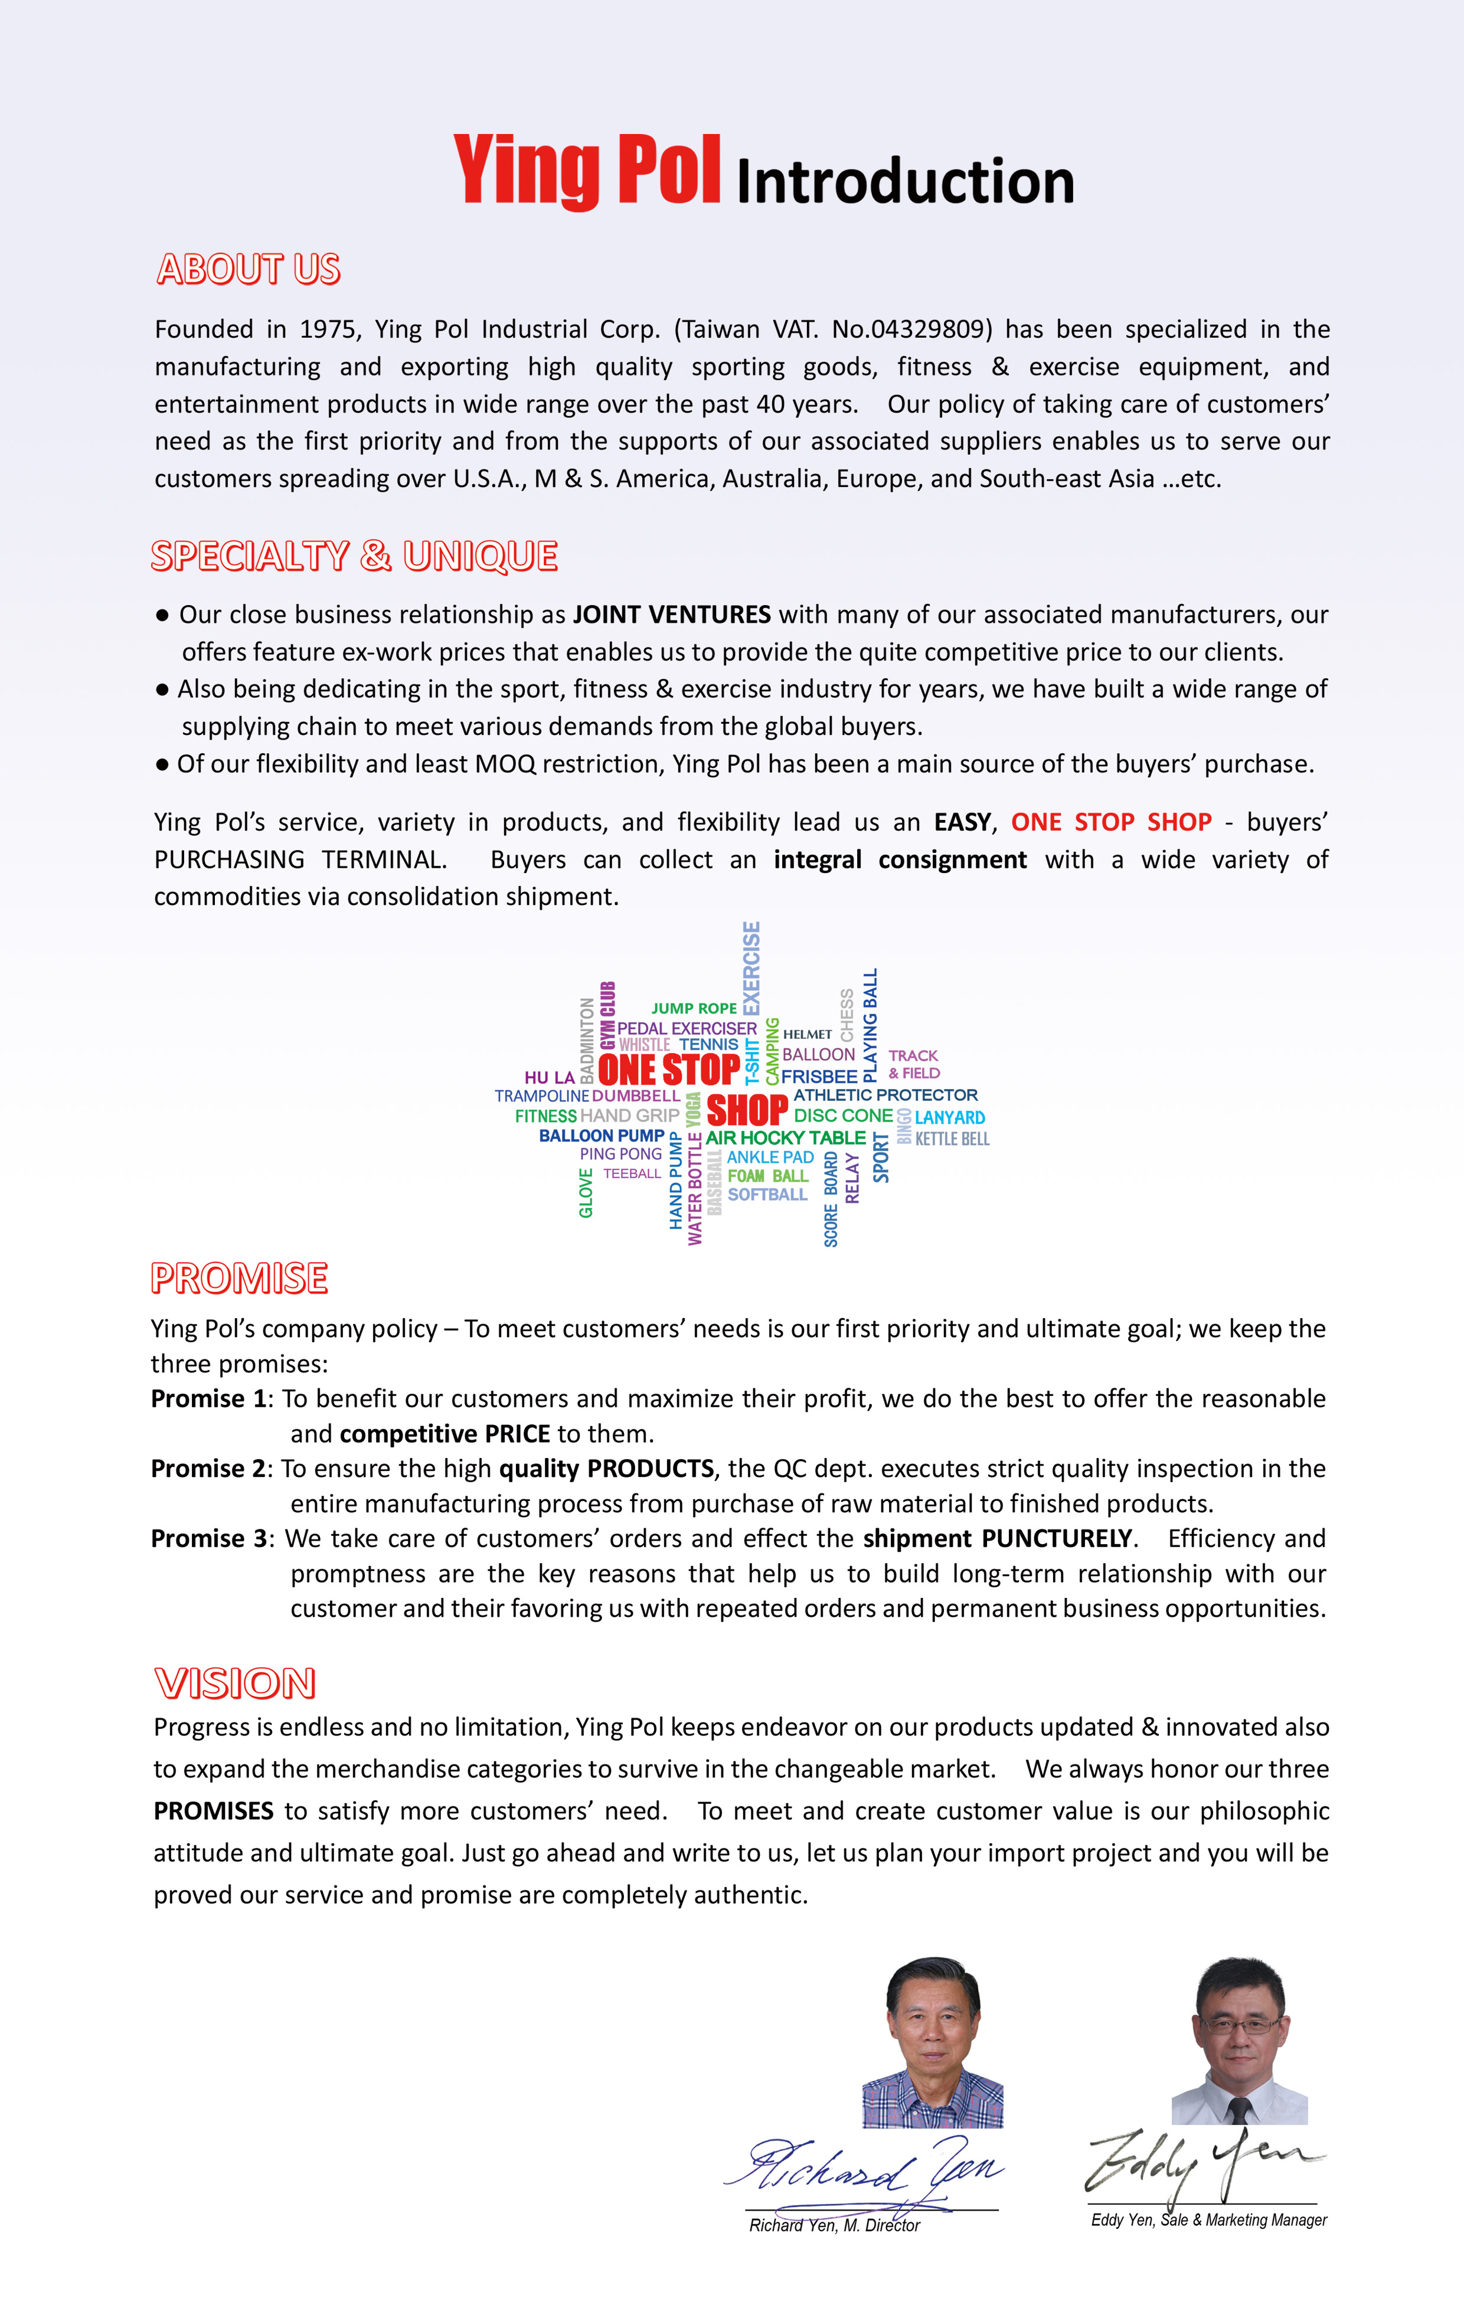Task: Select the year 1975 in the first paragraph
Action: point(326,329)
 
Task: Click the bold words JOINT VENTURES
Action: point(671,614)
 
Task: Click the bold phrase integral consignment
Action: point(900,860)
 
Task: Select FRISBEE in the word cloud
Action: point(819,1077)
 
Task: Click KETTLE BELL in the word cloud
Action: point(952,1139)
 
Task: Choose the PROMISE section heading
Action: point(240,1278)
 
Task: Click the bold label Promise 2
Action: point(208,1469)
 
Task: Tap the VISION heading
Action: point(235,1684)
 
